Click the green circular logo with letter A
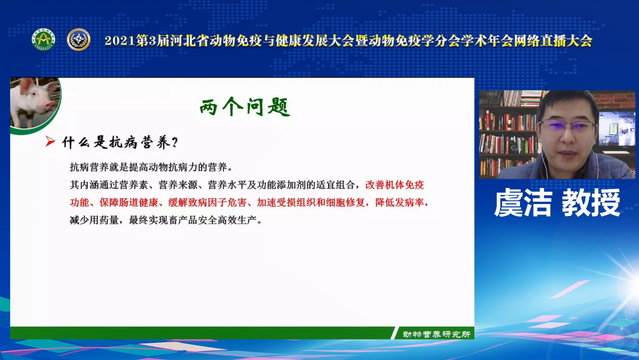[44, 40]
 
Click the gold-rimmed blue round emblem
[79, 40]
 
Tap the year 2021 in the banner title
[120, 41]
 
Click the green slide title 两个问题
[245, 107]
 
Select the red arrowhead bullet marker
[50, 141]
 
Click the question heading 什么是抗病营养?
[120, 142]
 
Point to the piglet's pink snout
[50, 106]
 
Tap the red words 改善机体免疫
[395, 185]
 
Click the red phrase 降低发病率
[399, 203]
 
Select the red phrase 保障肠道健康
[129, 203]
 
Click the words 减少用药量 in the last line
[94, 220]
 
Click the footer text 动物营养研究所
[436, 334]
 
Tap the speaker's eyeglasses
[568, 126]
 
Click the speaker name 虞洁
[523, 203]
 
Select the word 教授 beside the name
[591, 203]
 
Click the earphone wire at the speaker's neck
[546, 165]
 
